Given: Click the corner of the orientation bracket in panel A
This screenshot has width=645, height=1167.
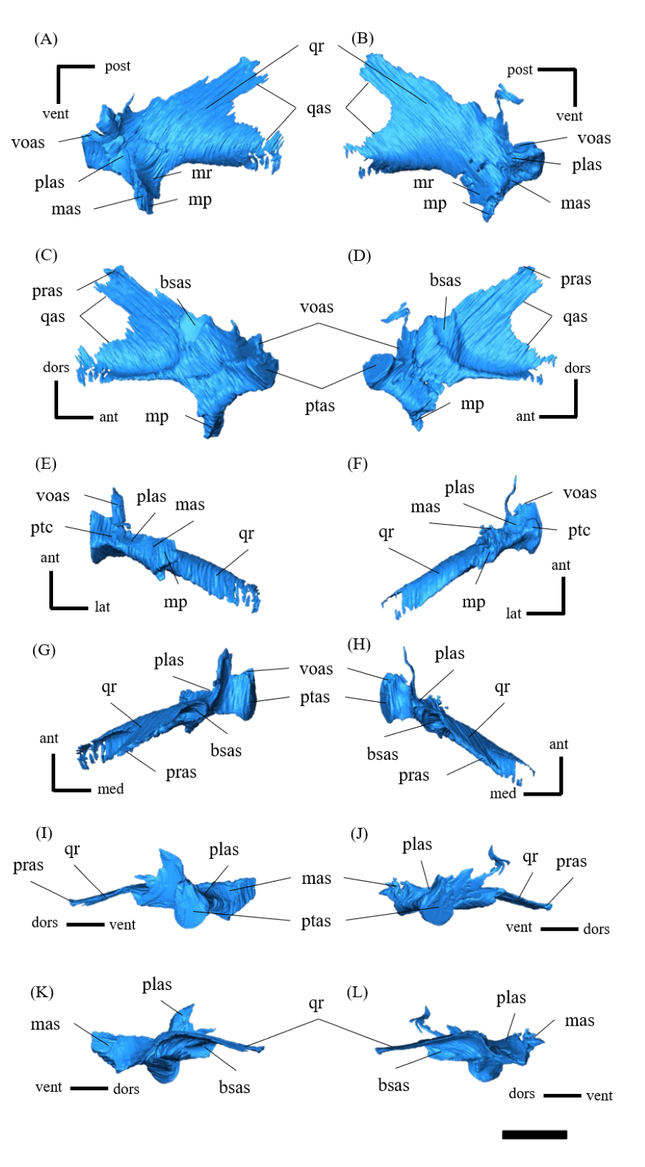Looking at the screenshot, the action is (x=58, y=67).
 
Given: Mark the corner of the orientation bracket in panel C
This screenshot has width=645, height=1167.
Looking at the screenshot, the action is (x=57, y=416).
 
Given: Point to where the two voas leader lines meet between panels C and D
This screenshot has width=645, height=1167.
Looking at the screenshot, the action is (x=319, y=323).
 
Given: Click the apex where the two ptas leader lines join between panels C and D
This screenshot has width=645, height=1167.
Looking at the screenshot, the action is (x=322, y=388).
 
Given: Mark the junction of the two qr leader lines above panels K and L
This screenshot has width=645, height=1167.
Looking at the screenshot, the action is (x=318, y=1019).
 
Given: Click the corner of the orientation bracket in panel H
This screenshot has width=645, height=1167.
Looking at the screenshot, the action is (x=561, y=794).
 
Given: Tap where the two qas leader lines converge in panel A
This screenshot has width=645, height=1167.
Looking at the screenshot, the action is (x=295, y=108).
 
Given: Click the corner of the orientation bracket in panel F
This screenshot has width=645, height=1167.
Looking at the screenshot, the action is (x=563, y=613).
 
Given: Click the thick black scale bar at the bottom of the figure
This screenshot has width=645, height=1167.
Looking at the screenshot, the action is (x=535, y=1134).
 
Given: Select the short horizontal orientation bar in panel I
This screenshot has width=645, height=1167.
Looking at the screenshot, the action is (x=85, y=924).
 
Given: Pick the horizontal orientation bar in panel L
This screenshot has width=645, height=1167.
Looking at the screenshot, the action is (x=562, y=1095).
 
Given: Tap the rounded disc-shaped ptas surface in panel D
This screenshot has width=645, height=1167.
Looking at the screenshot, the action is (x=376, y=371).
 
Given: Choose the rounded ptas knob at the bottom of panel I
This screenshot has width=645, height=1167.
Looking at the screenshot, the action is (x=191, y=915).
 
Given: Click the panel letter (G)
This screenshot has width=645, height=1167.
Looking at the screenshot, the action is (x=44, y=651).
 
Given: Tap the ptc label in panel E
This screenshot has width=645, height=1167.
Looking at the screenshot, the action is (x=42, y=528).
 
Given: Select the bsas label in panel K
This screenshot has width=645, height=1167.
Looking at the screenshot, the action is (x=234, y=1087).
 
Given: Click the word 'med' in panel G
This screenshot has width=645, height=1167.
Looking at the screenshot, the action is (x=110, y=789).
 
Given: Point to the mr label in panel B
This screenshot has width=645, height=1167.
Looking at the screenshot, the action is (x=423, y=183).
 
